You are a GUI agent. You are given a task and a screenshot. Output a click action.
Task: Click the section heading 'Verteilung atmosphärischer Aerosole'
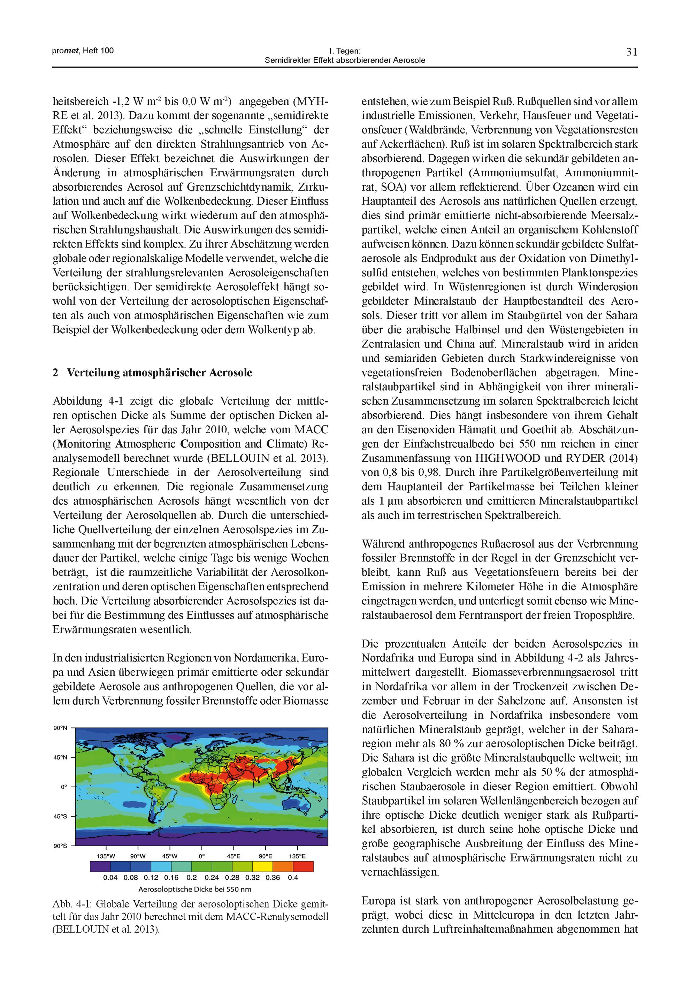click(159, 373)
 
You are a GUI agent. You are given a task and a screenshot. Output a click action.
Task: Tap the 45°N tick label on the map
click(61, 757)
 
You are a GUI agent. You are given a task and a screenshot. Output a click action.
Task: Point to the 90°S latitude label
click(61, 846)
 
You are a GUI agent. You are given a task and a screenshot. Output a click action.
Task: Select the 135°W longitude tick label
click(106, 856)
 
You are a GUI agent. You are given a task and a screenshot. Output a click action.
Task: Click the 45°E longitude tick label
click(233, 856)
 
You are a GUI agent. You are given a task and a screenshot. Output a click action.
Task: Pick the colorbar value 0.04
click(110, 877)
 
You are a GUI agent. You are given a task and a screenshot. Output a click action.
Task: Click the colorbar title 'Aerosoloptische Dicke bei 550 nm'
click(194, 889)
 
